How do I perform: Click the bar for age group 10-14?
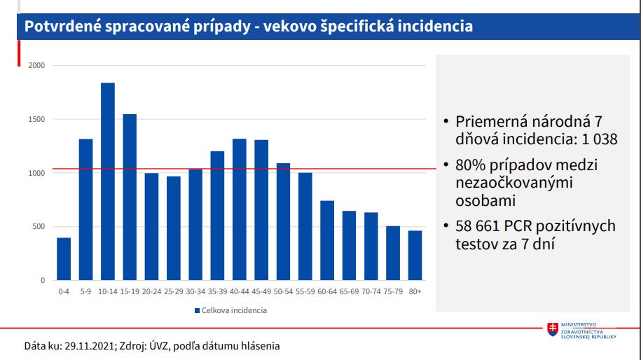[x=107, y=181]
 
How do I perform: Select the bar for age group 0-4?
[x=64, y=259]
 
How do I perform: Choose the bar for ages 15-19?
[x=130, y=197]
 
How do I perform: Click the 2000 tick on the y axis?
[x=36, y=66]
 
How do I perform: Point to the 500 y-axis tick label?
[x=39, y=227]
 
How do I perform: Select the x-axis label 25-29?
[x=173, y=291]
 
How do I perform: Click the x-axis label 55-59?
[x=305, y=291]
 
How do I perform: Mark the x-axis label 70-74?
[x=371, y=291]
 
